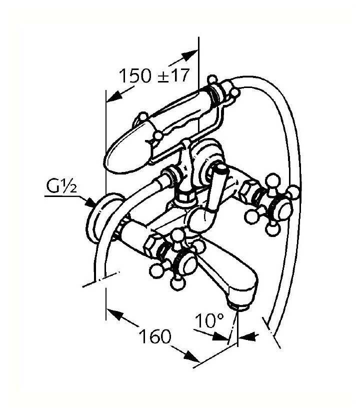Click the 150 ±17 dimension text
pyautogui.click(x=154, y=76)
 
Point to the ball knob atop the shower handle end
pyautogui.click(x=212, y=79)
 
